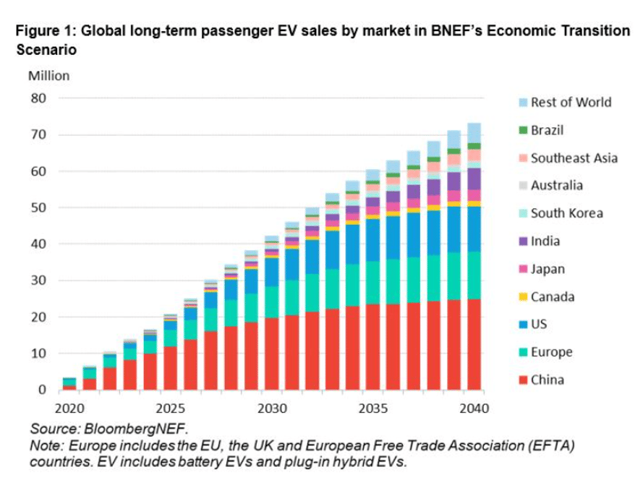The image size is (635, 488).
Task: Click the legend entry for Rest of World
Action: [571, 102]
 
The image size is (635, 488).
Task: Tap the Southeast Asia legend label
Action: [574, 158]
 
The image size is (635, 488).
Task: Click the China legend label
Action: [548, 380]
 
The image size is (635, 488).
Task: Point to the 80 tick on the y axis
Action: [38, 98]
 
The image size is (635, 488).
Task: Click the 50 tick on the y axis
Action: [38, 207]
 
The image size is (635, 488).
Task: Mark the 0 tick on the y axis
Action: [41, 390]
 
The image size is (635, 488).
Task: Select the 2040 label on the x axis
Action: [474, 408]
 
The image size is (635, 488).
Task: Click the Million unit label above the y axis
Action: [48, 75]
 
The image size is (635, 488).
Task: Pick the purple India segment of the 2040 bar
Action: [474, 179]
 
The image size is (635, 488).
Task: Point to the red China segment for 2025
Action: [170, 368]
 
